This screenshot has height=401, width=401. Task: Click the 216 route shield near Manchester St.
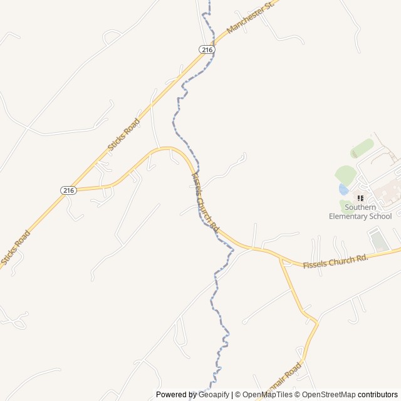click(207, 49)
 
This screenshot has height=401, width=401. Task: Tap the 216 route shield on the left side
click(68, 190)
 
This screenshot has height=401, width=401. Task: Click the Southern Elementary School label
click(360, 212)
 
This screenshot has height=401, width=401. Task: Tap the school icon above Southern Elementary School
click(360, 198)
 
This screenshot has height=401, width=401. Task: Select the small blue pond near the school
click(343, 189)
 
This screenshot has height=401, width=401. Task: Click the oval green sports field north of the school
click(362, 148)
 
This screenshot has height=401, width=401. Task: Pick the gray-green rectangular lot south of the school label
click(378, 240)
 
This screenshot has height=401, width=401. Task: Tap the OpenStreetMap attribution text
click(329, 395)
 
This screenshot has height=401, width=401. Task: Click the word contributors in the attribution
click(378, 395)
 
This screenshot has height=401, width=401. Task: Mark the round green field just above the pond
click(345, 174)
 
